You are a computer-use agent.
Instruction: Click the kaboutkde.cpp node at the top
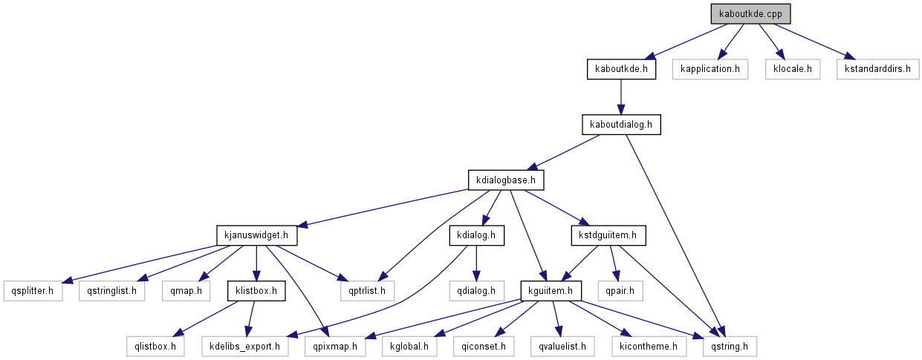pos(750,13)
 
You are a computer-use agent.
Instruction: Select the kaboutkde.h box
pos(621,70)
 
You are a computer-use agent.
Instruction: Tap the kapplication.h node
pos(710,70)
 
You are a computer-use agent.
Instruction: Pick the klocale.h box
pos(793,70)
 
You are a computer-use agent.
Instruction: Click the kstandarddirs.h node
pos(878,70)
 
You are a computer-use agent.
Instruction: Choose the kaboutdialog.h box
pos(621,125)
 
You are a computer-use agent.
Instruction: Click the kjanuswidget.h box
pos(256,235)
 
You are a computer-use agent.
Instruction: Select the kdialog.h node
pos(476,235)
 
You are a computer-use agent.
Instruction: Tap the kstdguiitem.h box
pos(608,235)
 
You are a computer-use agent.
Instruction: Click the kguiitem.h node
pos(551,290)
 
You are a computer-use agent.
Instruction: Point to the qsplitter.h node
pos(33,290)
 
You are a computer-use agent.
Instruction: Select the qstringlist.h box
pos(113,290)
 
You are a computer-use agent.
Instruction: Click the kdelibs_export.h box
pos(245,345)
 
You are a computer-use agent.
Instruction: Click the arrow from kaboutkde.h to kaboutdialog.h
pos(621,96)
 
